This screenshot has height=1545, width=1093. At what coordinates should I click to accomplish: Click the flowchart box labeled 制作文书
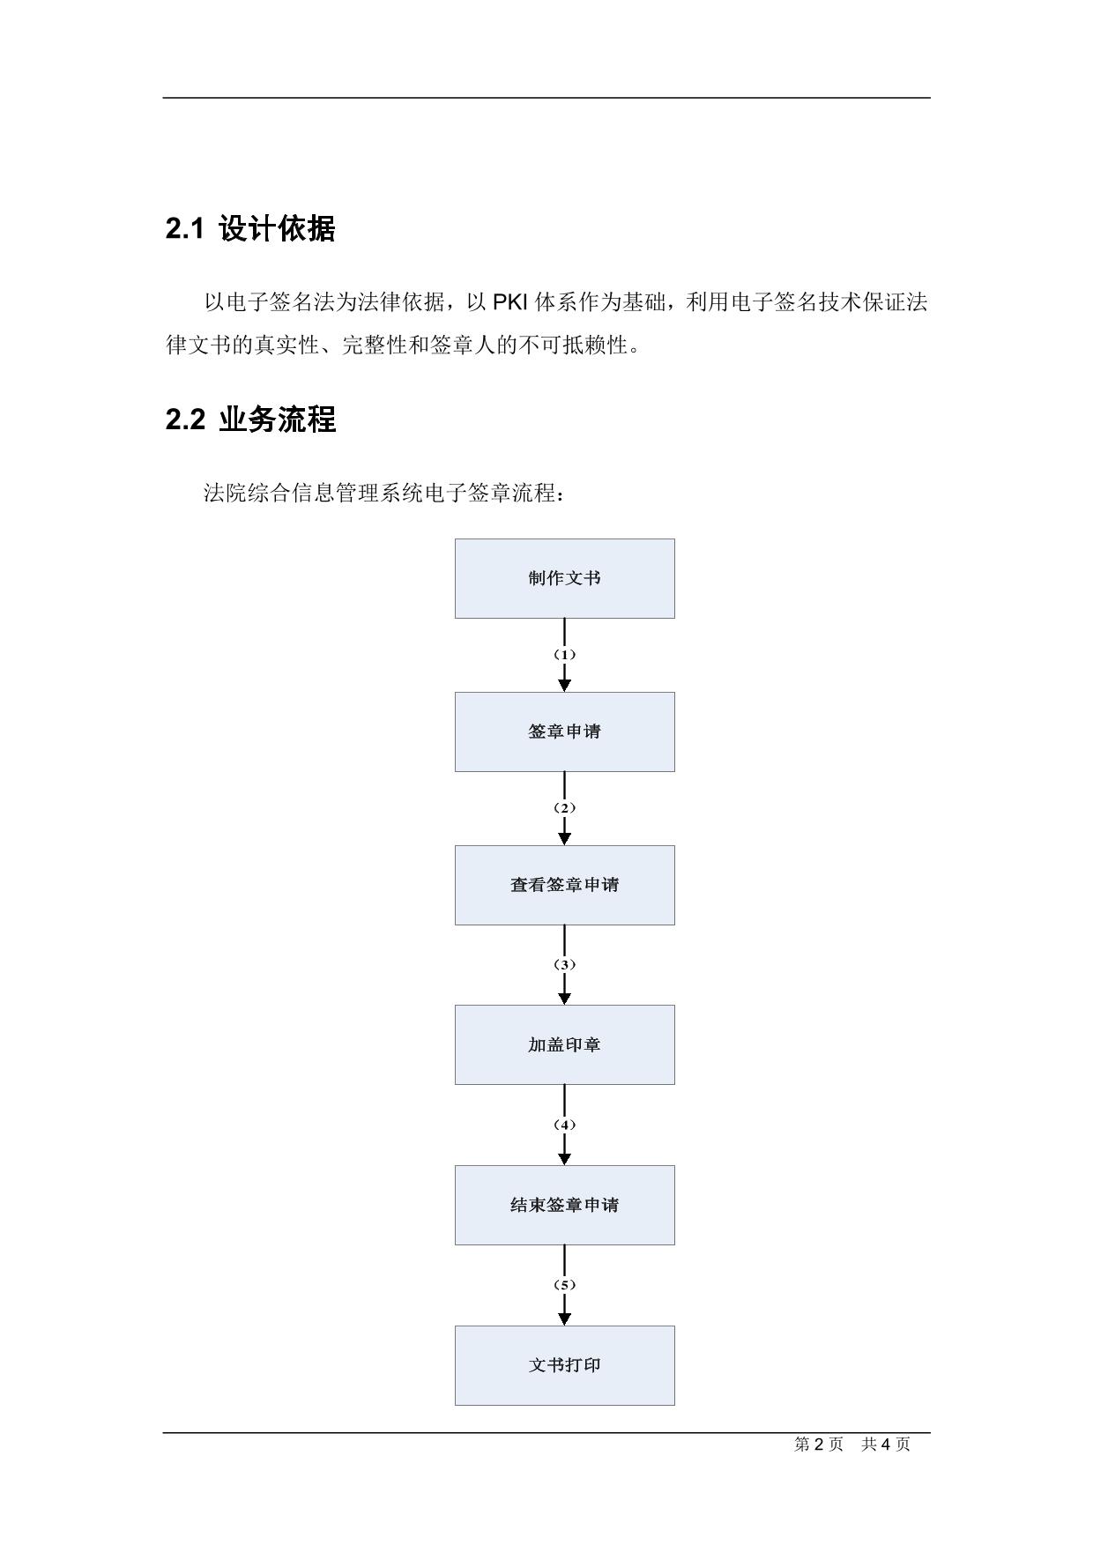[x=564, y=578]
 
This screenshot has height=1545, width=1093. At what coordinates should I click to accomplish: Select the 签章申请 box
[x=564, y=732]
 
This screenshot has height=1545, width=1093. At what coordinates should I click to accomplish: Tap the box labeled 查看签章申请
[x=564, y=885]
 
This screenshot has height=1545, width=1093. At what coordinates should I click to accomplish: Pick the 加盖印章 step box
[x=564, y=1044]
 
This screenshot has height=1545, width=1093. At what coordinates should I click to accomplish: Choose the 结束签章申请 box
[x=564, y=1205]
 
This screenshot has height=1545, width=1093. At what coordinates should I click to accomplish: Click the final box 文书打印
[x=564, y=1365]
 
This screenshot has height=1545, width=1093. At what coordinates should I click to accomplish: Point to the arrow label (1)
[x=564, y=655]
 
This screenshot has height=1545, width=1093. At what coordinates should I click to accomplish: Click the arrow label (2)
[x=564, y=808]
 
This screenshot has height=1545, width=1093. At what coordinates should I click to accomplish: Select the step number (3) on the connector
[x=564, y=965]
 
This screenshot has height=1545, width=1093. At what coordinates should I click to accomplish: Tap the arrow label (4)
[x=564, y=1125]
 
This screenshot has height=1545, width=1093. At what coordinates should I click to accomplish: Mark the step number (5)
[x=564, y=1285]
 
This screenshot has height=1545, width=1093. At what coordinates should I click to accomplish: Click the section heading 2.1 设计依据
[x=250, y=229]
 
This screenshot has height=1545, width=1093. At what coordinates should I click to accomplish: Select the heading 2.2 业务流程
[x=250, y=420]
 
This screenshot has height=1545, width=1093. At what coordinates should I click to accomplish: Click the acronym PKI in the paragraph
[x=510, y=302]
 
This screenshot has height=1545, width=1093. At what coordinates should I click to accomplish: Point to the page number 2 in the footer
[x=819, y=1444]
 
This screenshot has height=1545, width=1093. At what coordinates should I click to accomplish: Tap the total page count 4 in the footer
[x=886, y=1444]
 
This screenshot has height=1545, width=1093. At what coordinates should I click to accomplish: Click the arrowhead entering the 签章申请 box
[x=564, y=686]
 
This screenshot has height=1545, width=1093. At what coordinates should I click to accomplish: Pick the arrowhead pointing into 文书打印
[x=564, y=1319]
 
